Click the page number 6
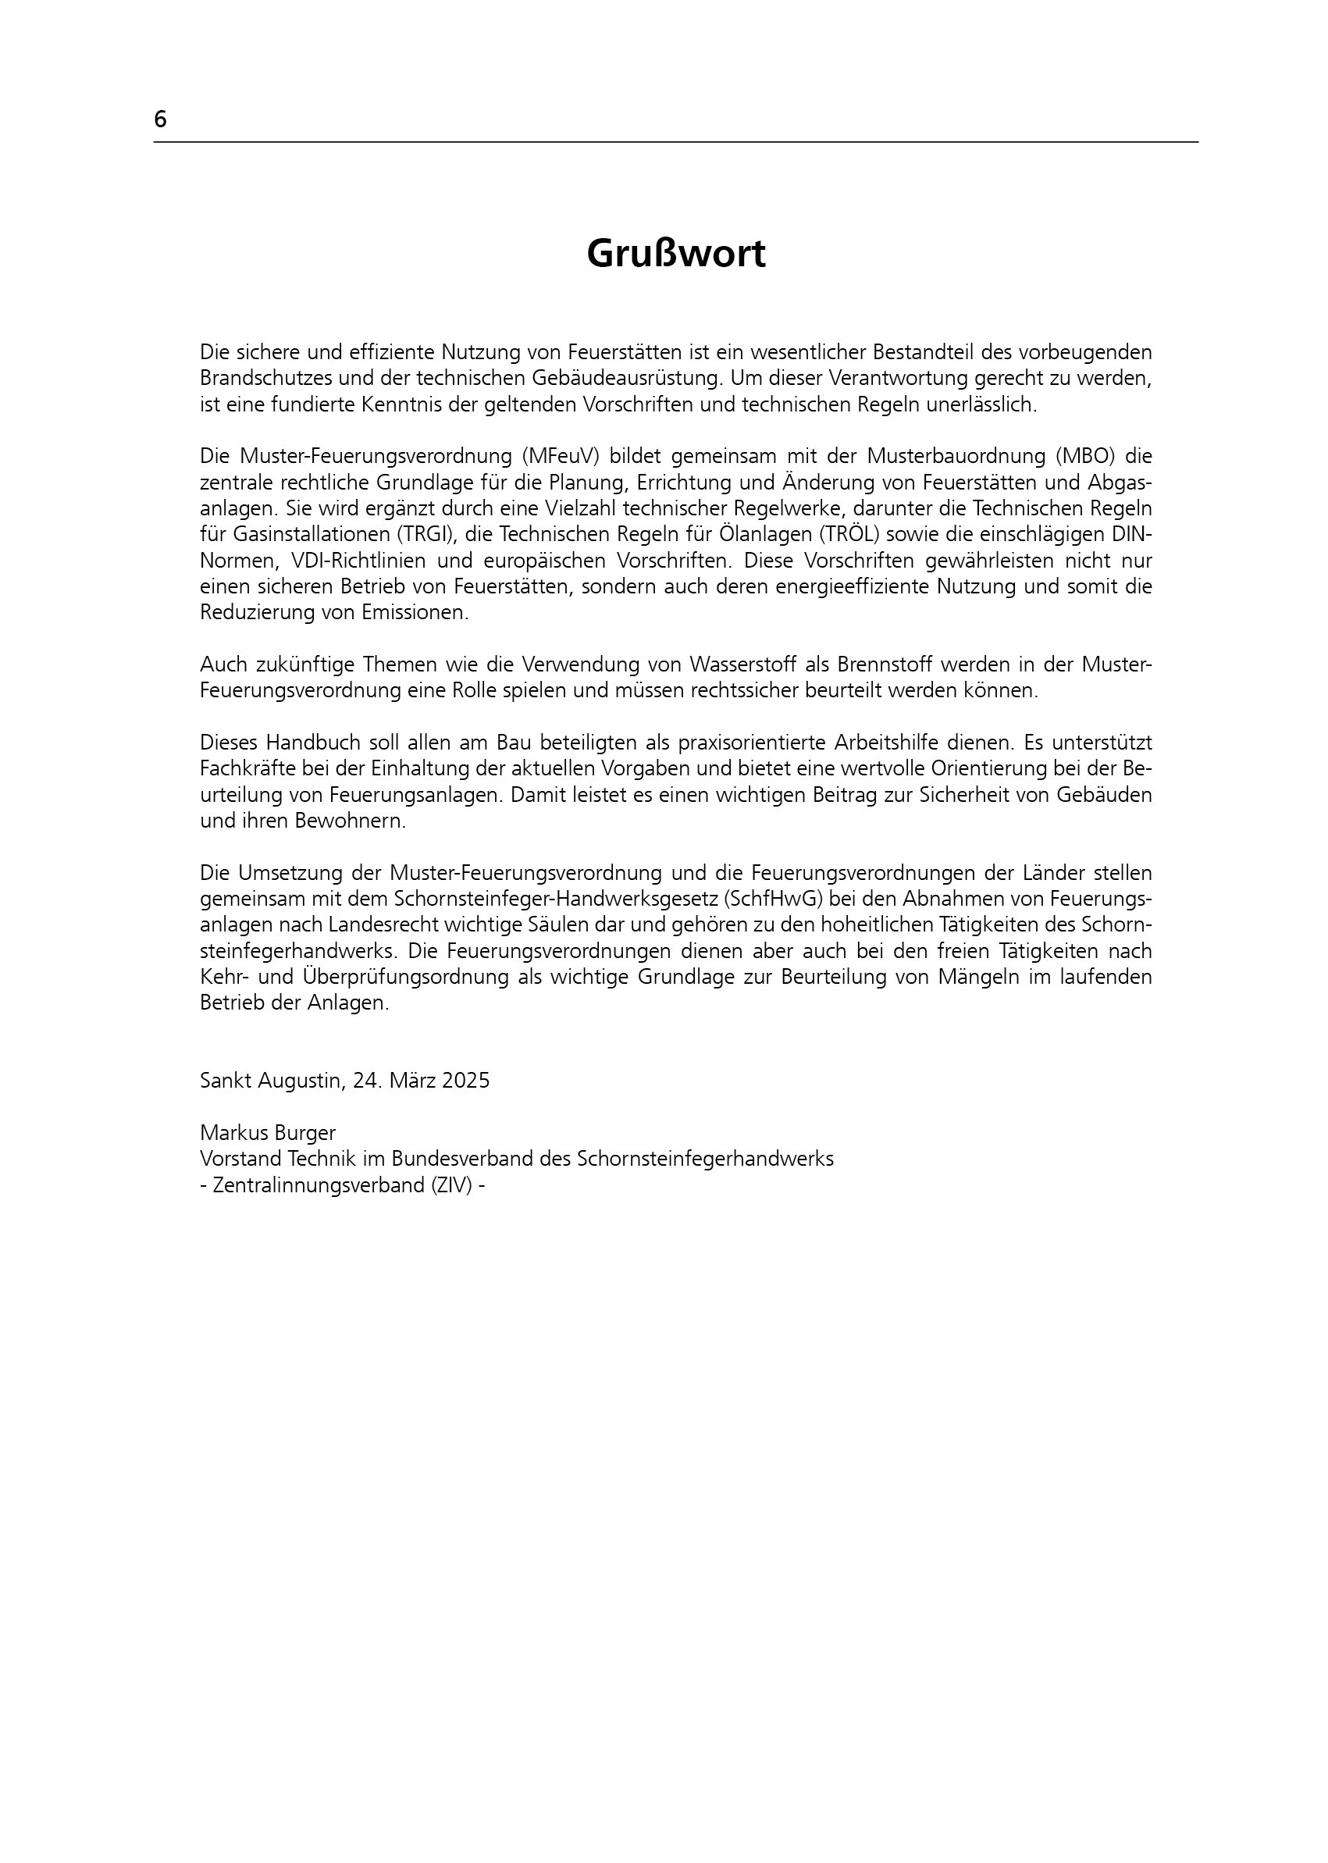pyautogui.click(x=160, y=119)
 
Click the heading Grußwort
pyautogui.click(x=675, y=255)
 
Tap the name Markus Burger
pyautogui.click(x=268, y=1133)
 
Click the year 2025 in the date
pyautogui.click(x=465, y=1081)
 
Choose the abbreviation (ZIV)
pyautogui.click(x=448, y=1185)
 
